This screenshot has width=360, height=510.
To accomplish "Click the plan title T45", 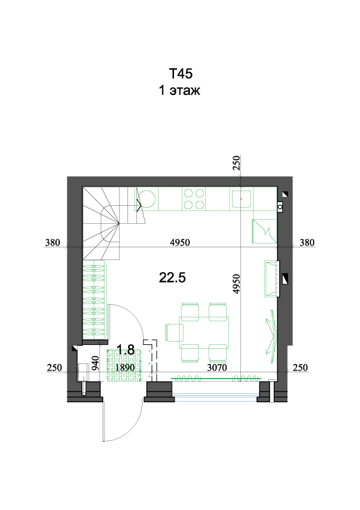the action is [180, 73].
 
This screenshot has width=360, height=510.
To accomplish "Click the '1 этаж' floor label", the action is [180, 90].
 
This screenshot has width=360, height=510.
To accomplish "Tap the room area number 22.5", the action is [173, 278].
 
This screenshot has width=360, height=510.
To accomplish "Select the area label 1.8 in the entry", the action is [126, 350].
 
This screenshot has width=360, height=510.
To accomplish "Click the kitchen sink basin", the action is [241, 199].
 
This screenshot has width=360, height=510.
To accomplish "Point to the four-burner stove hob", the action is [194, 199].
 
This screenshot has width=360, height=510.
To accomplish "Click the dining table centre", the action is [205, 332].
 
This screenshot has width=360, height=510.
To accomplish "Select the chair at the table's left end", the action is [174, 332].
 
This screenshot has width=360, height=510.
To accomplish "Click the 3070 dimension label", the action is [217, 368].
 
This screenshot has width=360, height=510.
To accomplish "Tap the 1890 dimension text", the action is [125, 368].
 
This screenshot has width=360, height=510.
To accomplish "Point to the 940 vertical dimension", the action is [96, 363].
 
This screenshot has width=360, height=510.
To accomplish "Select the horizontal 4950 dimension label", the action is [180, 243].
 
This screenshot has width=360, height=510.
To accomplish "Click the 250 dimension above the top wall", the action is [236, 163].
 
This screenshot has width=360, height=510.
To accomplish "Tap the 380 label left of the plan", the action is [53, 243].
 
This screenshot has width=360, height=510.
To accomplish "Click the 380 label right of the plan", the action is [307, 243].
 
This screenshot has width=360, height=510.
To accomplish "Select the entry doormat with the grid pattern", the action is [125, 365].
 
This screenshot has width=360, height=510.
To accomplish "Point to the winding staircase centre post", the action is [119, 223].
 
